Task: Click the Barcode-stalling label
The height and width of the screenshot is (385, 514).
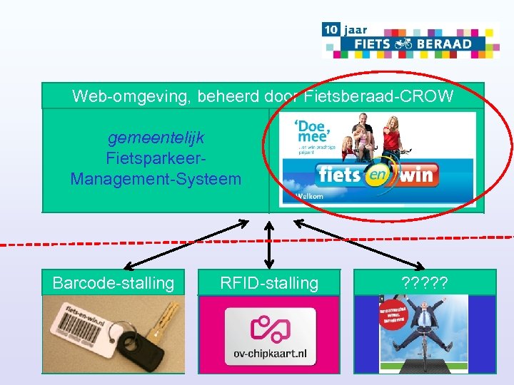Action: coord(113,283)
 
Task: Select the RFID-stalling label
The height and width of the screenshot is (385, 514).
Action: coord(269,283)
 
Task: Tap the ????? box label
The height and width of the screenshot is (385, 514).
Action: coord(424,282)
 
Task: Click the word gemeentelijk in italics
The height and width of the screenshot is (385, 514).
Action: coord(156,137)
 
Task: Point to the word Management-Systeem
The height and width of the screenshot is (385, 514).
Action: coord(156,178)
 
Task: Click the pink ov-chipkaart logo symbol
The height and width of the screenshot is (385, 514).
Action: coord(268,327)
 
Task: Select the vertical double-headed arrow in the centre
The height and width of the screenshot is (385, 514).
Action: coord(269,242)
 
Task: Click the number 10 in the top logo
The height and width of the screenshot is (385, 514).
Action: coord(331,29)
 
